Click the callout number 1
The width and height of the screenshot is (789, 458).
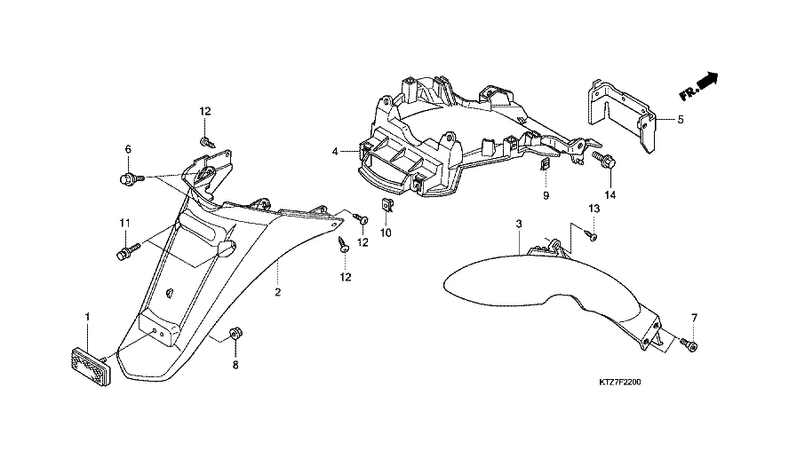(x=87, y=317)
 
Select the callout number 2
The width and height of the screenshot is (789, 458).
(x=277, y=292)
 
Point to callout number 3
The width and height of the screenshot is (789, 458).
(x=519, y=225)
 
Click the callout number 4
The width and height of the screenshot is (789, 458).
(x=336, y=152)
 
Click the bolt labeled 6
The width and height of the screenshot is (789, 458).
(x=127, y=179)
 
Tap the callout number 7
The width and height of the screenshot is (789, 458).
(x=694, y=317)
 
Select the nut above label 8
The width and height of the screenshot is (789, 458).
(x=235, y=334)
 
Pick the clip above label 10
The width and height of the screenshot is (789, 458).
(x=387, y=206)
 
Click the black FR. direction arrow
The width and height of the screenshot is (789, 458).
(x=707, y=82)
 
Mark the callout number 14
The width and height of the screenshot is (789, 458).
(x=610, y=194)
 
